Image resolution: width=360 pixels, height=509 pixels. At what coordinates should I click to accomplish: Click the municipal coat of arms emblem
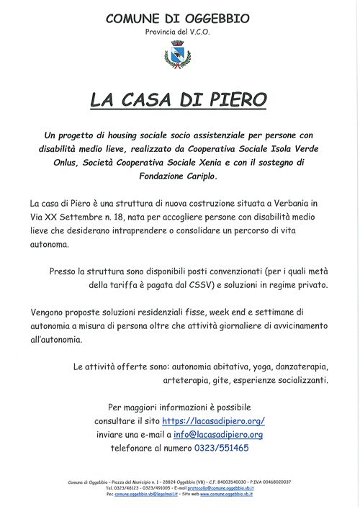(179, 55)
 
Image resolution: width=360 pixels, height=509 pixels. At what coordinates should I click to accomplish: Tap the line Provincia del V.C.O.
(179, 33)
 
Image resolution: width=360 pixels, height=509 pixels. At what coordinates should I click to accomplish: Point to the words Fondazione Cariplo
(180, 176)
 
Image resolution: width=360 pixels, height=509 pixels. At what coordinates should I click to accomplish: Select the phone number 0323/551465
(221, 448)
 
